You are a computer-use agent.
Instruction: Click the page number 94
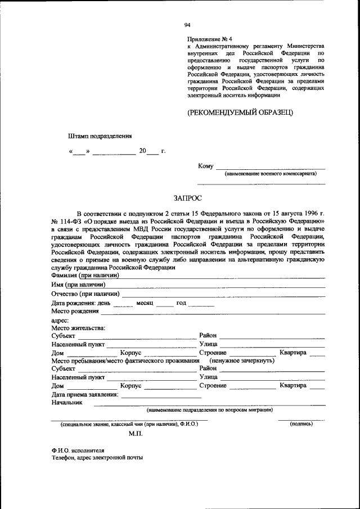[187, 25]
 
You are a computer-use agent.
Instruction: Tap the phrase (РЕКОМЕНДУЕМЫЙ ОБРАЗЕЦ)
[240, 112]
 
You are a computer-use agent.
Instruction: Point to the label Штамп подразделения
[99, 136]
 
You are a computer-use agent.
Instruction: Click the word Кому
[205, 166]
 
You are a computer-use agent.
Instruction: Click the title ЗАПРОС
[187, 198]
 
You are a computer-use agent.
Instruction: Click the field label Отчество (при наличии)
[85, 294]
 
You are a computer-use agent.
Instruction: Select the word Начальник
[66, 403]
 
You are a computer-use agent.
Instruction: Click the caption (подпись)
[301, 424]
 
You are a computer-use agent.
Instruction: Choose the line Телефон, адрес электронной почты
[96, 458]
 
